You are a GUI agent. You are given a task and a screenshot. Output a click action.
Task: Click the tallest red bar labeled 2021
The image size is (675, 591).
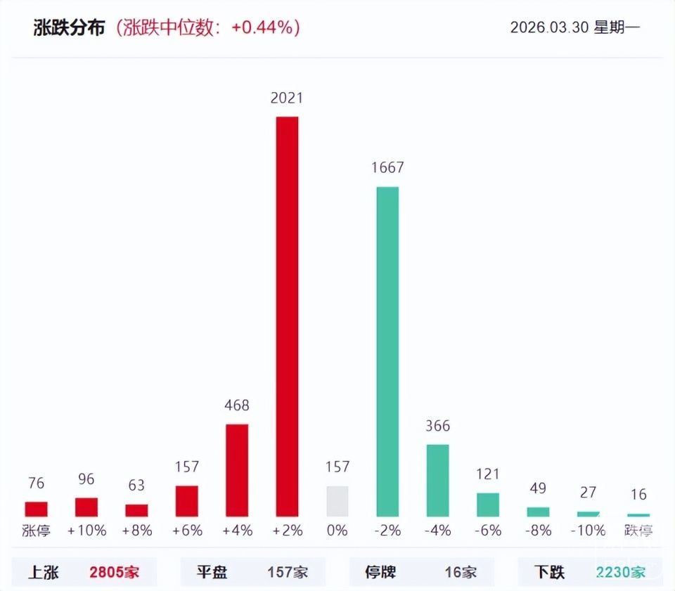click(287, 316)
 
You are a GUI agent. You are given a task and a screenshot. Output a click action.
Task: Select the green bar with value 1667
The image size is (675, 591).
click(387, 351)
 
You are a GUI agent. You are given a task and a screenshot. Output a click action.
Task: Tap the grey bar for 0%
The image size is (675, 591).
click(337, 502)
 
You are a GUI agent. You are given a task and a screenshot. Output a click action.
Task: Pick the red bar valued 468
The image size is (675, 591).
click(237, 470)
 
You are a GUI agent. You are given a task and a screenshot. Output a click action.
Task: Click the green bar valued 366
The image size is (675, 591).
click(437, 481)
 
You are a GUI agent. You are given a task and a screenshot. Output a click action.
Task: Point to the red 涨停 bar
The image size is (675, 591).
click(36, 509)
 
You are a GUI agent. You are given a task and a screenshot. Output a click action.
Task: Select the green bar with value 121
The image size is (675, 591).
click(488, 505)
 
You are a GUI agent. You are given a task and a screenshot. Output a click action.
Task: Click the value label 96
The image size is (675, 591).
click(86, 479)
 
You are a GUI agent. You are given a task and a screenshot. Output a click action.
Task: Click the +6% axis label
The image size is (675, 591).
click(187, 531)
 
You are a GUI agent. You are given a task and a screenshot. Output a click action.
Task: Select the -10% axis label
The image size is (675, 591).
click(589, 531)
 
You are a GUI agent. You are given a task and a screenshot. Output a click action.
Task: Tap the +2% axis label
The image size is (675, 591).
click(287, 531)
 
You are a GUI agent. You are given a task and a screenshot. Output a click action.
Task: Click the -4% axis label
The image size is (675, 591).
click(437, 531)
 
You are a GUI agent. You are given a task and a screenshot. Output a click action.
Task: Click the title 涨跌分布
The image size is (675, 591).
click(70, 27)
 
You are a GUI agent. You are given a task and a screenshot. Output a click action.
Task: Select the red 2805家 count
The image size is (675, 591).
click(115, 572)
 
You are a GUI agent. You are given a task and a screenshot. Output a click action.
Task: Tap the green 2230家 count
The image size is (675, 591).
click(620, 572)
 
